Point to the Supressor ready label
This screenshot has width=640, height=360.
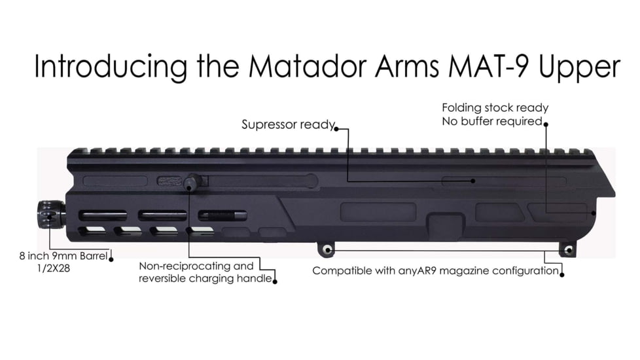(x=288, y=124)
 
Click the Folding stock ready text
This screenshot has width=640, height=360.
(x=495, y=108)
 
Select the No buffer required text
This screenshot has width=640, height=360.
(x=491, y=122)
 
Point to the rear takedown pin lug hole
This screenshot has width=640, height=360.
(x=568, y=250)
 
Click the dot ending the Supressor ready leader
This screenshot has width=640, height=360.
(x=337, y=128)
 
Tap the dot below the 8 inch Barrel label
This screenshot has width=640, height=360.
(x=111, y=259)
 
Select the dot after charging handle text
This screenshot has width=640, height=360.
(x=275, y=281)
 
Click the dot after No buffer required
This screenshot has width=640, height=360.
(x=546, y=123)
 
